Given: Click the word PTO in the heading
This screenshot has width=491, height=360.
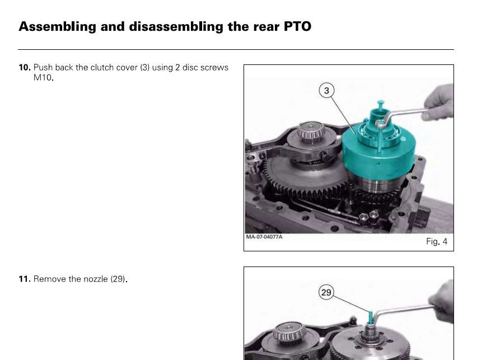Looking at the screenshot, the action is [297, 26].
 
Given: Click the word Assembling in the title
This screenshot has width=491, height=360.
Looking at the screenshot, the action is [57, 27].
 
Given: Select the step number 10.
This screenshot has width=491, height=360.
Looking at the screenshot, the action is [25, 67].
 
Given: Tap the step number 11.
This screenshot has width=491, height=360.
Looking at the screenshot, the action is [25, 279].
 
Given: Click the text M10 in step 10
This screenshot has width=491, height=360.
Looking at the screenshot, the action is [43, 77].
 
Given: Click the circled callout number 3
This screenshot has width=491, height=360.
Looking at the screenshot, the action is [326, 91].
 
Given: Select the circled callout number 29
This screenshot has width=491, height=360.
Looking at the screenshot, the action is [326, 292].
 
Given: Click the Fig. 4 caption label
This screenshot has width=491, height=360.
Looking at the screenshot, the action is [437, 241].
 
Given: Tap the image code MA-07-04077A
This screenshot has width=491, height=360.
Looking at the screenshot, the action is [264, 237].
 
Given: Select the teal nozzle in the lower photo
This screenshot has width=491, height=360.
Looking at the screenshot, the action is [371, 317].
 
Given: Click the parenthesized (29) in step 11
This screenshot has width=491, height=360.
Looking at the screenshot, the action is [118, 279].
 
